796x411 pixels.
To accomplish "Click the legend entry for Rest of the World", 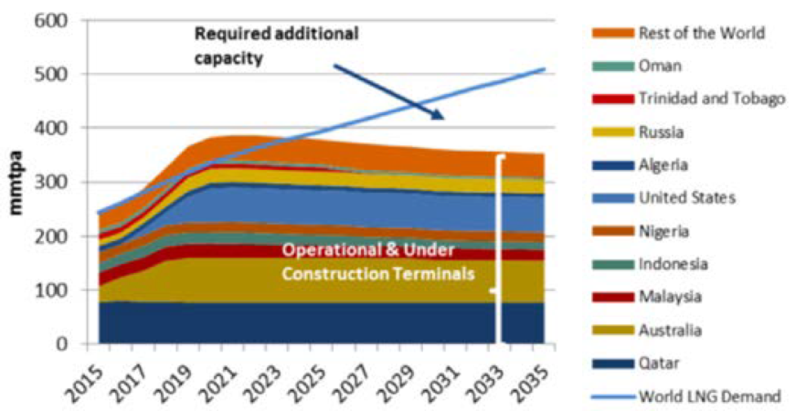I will point(700,33).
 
